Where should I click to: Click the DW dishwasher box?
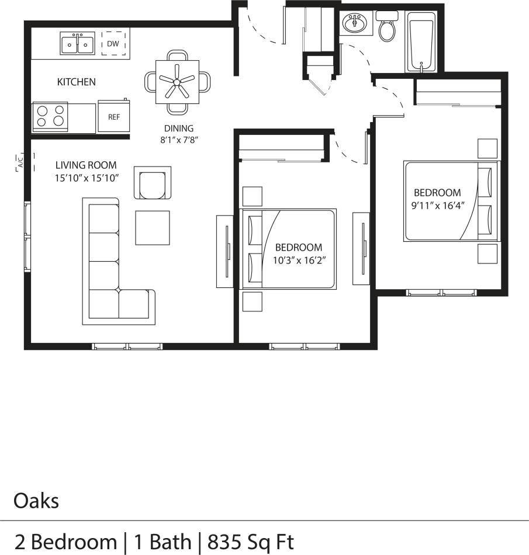(114, 44)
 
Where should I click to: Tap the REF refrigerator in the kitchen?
(113, 116)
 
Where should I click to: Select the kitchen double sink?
(77, 43)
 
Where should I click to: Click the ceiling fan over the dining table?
(177, 82)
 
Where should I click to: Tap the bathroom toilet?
(386, 27)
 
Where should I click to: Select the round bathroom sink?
(354, 25)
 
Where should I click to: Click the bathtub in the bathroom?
(420, 41)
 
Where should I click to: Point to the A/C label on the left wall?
(20, 162)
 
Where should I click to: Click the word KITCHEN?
(76, 82)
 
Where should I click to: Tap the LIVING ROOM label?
(86, 165)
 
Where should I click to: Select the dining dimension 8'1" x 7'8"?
(179, 141)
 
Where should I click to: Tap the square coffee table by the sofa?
(153, 227)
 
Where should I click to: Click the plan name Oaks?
(36, 501)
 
